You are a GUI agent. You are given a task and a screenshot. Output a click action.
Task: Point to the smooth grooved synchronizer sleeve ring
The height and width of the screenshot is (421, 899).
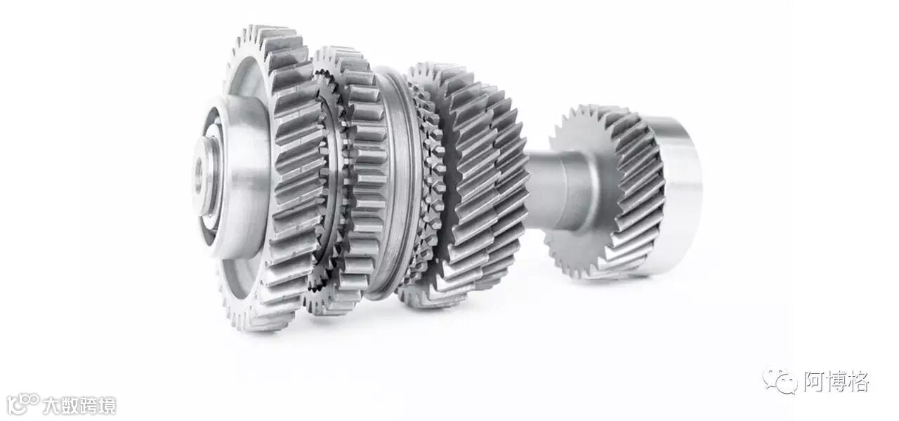[x=395, y=182]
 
